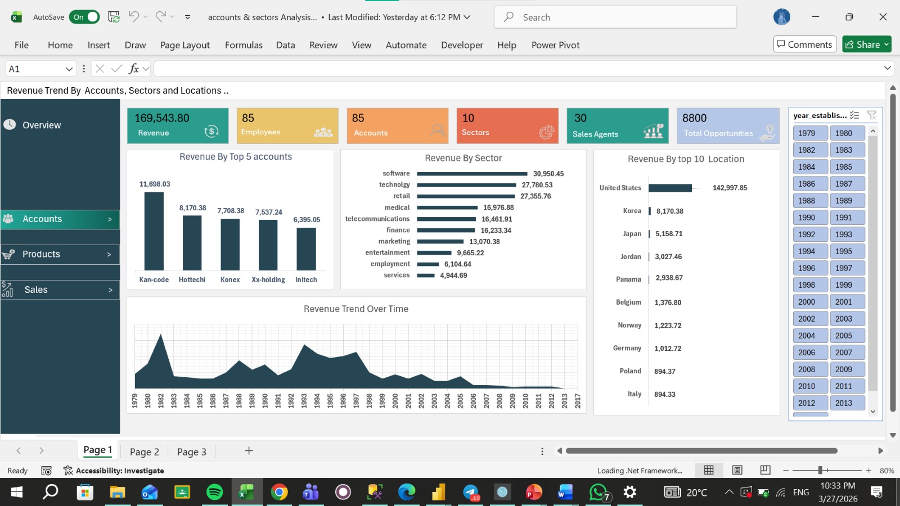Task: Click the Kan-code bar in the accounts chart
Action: (154, 231)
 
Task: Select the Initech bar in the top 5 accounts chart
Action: (306, 249)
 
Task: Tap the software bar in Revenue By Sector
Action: (472, 174)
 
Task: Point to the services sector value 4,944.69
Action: (453, 275)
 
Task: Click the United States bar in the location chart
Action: (670, 188)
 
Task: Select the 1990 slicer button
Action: (811, 218)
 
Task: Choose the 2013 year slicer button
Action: (847, 403)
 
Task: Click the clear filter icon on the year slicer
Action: (871, 116)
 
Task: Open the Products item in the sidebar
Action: (60, 254)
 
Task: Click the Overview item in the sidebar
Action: (42, 125)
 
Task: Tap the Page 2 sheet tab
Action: (144, 452)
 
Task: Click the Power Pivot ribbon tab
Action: (555, 45)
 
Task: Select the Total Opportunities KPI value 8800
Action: (694, 118)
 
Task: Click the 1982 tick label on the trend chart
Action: (161, 401)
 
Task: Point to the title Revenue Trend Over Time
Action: (356, 309)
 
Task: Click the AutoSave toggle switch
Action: (84, 17)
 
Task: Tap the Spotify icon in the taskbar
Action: (214, 492)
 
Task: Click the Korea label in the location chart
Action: (632, 211)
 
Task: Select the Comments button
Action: (805, 44)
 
